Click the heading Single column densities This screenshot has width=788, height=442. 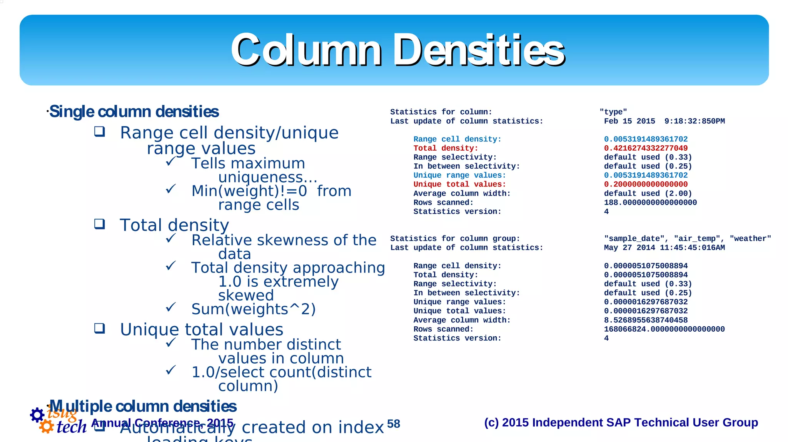coord(134,112)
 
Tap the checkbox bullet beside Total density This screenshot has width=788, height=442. coord(100,224)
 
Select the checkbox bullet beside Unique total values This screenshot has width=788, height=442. coord(100,328)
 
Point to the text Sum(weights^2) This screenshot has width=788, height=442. coord(253,309)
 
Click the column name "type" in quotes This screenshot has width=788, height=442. coord(613,112)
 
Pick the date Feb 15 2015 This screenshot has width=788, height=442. coord(629,121)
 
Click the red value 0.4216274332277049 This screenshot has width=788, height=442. coord(646,148)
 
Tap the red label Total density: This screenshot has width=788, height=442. coord(446,148)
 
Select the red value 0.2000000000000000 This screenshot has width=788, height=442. coord(646,184)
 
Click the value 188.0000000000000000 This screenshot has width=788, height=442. coord(650,203)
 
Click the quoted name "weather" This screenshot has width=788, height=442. coord(750,239)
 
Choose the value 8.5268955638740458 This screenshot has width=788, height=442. coord(646,320)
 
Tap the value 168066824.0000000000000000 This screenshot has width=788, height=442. coord(664,329)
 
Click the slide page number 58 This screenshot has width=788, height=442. coord(393,424)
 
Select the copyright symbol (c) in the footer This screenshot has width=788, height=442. coord(491,422)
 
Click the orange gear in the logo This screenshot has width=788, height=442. coord(46,426)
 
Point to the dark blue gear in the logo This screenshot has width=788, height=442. coord(37,415)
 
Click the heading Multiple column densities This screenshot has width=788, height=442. coord(143,406)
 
